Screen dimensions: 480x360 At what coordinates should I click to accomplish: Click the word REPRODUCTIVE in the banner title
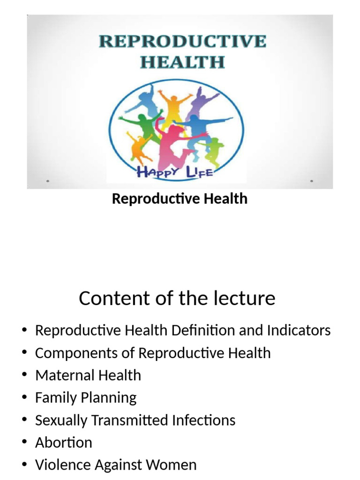pyautogui.click(x=182, y=41)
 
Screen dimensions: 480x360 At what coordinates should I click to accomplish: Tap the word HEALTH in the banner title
pyautogui.click(x=182, y=62)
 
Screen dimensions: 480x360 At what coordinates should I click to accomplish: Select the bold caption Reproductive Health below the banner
pyautogui.click(x=180, y=199)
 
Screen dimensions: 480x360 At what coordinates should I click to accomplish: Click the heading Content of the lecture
pyautogui.click(x=177, y=298)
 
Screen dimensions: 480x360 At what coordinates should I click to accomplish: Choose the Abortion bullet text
pyautogui.click(x=63, y=442)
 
